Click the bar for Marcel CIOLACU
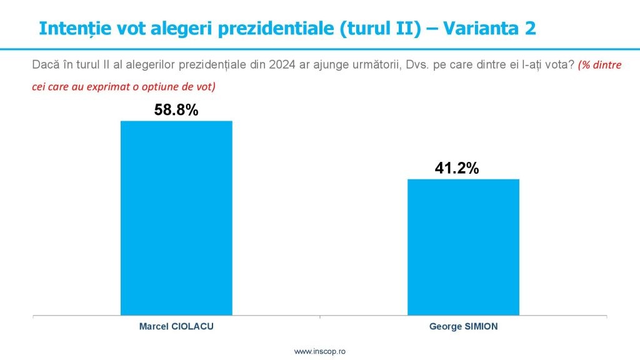[x=176, y=218]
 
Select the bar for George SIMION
[x=463, y=247]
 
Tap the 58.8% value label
[x=176, y=110]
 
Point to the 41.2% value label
[x=457, y=168]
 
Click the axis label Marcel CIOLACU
[x=176, y=326]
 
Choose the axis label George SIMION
[x=463, y=326]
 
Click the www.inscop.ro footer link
[x=319, y=351]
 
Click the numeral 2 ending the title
[x=530, y=29]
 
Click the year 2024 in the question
[x=282, y=65]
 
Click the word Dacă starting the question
[x=46, y=65]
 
